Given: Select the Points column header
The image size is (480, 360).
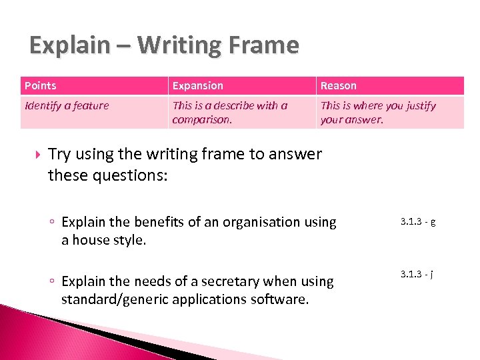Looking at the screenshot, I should point(41,85).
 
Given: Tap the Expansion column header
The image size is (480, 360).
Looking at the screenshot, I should point(198,85).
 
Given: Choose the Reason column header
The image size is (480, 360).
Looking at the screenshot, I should point(339,85).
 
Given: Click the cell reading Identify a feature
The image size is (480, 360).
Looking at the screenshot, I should point(67,105).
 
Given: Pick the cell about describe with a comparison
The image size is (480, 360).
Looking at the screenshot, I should point(230,112).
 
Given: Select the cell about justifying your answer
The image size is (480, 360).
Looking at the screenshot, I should point(378,112).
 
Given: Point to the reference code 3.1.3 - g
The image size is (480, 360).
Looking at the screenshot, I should point(418,221).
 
